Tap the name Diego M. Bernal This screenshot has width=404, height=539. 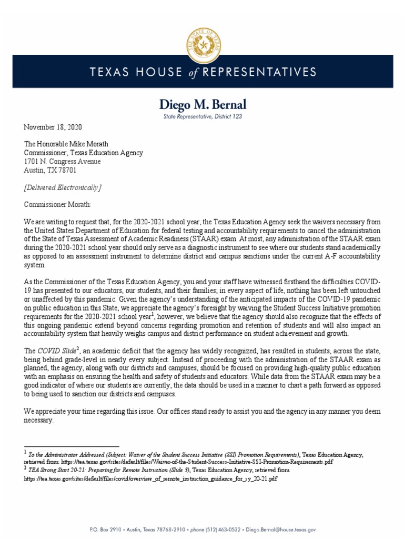click(201, 105)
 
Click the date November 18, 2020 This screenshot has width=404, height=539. click(53, 127)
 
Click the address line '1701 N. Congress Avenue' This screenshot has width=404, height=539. click(62, 162)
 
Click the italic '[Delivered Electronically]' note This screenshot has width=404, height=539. click(63, 187)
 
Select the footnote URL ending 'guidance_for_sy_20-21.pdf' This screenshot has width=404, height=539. click(150, 480)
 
